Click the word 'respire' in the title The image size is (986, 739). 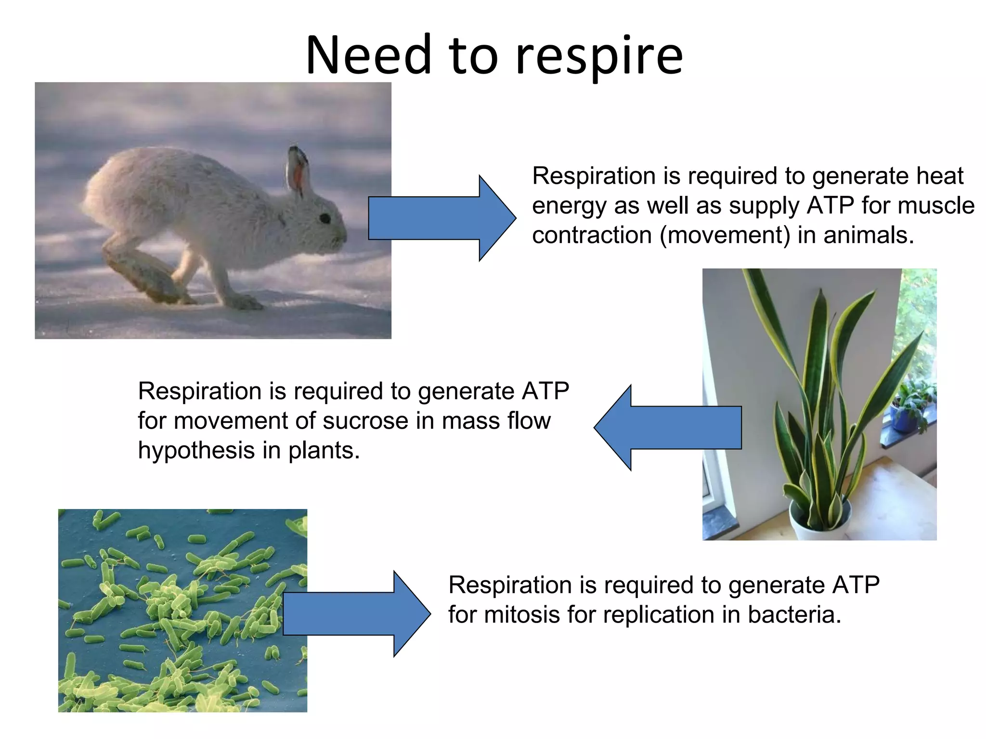[x=599, y=57]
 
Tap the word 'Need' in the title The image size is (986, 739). [x=369, y=55]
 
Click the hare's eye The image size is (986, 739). [x=325, y=218]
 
